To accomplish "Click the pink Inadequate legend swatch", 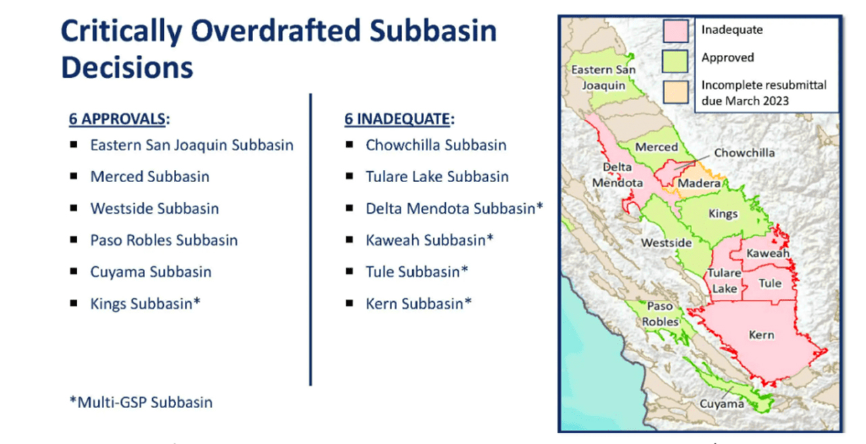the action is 675,31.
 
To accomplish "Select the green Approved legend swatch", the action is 675,61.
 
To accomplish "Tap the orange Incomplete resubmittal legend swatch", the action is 675,92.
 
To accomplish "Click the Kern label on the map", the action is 761,334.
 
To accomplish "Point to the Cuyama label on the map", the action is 722,404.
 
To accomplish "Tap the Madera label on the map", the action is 699,183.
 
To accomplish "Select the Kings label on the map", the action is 723,214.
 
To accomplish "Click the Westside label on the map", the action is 666,243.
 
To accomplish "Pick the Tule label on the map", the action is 770,283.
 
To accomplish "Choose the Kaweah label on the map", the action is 767,253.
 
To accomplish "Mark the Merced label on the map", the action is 656,147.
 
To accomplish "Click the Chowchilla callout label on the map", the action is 744,153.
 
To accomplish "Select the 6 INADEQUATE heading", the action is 399,118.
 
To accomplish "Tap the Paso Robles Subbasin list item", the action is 164,240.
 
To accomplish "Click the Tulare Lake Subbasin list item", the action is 437,177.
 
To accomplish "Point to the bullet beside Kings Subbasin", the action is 74,303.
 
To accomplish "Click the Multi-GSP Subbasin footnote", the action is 141,402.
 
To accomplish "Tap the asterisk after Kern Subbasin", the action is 468,301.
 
